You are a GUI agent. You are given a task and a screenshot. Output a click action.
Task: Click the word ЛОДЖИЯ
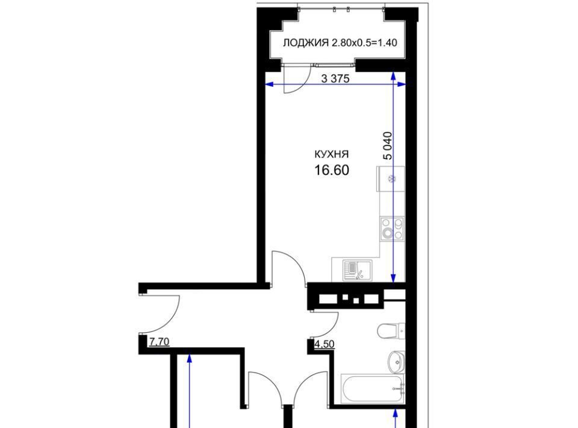(306, 43)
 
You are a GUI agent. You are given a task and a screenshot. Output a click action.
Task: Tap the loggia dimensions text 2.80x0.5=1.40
(364, 43)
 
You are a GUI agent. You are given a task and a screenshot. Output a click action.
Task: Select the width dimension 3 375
(335, 78)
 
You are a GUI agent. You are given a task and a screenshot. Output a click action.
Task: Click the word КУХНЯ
(331, 154)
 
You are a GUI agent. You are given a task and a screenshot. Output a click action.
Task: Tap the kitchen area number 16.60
(332, 171)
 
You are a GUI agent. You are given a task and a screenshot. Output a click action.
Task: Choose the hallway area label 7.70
(159, 342)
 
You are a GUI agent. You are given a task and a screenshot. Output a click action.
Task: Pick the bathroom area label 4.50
(325, 344)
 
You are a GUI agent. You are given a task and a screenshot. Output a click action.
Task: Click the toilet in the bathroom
(391, 330)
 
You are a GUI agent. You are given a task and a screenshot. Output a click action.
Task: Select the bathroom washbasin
(396, 362)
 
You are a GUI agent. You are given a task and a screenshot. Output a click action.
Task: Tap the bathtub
(373, 389)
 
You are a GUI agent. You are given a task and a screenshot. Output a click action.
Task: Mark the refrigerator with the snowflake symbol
(391, 179)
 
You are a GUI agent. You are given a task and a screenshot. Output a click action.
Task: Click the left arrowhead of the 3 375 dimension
(269, 85)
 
